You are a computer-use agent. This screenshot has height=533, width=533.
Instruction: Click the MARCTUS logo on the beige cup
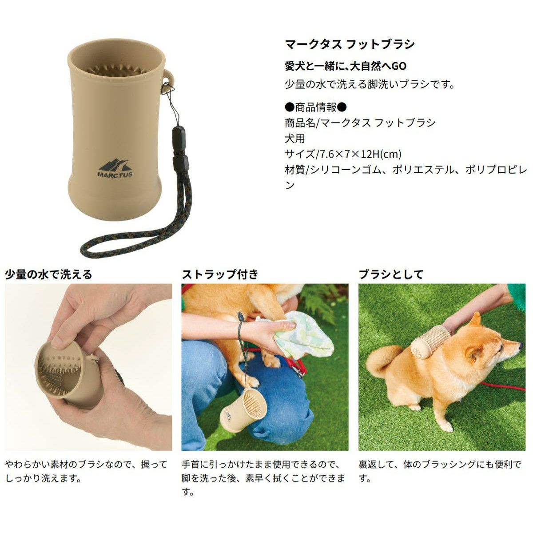click(115, 168)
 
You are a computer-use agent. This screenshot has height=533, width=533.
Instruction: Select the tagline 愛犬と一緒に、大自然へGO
click(346, 66)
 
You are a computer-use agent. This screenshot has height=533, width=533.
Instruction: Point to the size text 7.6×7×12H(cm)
click(360, 154)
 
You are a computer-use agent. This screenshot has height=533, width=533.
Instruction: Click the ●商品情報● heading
click(316, 107)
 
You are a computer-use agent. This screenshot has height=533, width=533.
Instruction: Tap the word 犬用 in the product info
click(295, 138)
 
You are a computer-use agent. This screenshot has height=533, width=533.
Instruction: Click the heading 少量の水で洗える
click(48, 274)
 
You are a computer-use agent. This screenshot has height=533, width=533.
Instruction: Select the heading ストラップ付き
click(220, 274)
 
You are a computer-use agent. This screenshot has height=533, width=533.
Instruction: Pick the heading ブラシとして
click(391, 274)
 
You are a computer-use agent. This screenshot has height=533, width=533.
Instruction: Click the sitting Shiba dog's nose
click(521, 345)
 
